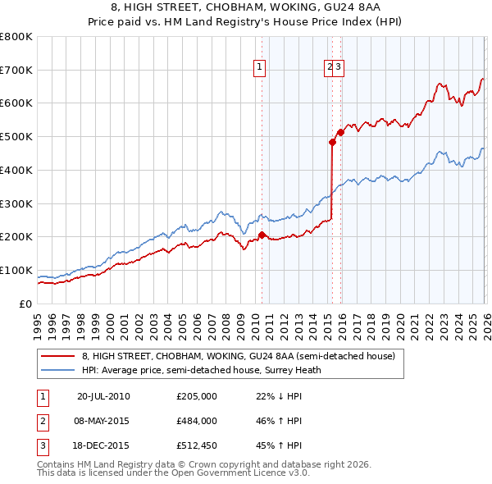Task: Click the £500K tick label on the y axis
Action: click(x=16, y=136)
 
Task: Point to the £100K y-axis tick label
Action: click(x=16, y=270)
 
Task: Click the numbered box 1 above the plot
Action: click(x=260, y=68)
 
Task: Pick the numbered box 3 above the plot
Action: click(x=338, y=68)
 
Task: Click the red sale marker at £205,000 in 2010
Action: click(x=262, y=235)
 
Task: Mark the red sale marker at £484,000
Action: click(x=332, y=142)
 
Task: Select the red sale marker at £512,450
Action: click(x=341, y=132)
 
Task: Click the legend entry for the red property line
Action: click(x=238, y=356)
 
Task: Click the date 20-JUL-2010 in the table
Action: click(x=103, y=396)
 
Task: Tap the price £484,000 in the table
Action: click(x=196, y=421)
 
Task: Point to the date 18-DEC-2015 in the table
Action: click(x=103, y=446)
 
